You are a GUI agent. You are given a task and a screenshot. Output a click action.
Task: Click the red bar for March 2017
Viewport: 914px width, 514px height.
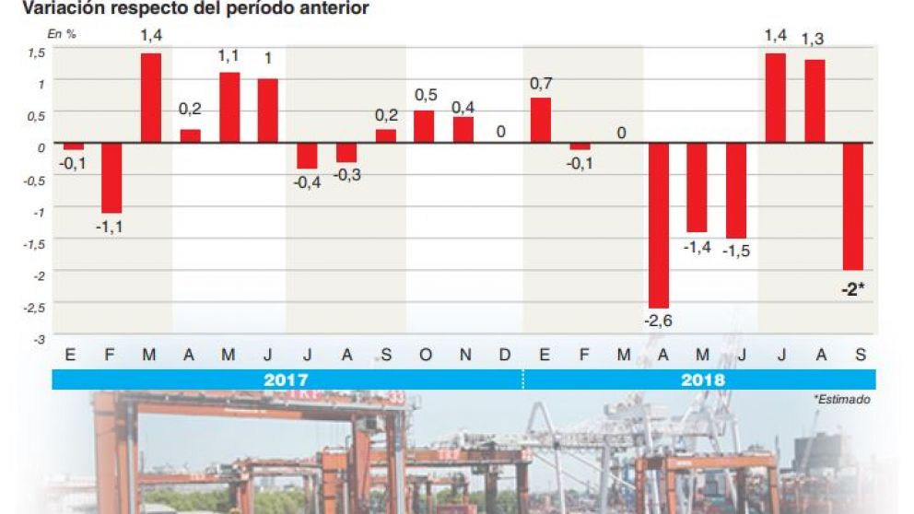150,98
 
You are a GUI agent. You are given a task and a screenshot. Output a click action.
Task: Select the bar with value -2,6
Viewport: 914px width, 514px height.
658,225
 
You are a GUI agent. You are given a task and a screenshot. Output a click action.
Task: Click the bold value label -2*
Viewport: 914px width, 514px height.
852,289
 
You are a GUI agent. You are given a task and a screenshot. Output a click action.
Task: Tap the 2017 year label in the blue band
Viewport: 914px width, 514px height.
286,380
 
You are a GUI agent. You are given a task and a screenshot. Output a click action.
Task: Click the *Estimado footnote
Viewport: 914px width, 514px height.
841,400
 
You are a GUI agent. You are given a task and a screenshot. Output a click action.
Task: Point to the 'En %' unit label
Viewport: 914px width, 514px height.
62,33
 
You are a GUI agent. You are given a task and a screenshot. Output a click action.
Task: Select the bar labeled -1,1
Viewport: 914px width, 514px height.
111,177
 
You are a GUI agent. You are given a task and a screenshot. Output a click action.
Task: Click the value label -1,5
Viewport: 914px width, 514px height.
735,251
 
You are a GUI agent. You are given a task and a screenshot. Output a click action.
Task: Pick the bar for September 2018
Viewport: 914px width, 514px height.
852,205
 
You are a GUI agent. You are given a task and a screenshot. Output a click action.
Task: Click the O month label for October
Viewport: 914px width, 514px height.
425,355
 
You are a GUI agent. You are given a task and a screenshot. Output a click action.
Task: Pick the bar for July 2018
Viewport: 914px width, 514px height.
775,98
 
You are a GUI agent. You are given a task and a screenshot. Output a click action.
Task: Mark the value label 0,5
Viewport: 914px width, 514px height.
425,96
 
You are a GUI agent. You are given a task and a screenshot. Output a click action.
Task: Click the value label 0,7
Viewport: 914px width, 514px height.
541,84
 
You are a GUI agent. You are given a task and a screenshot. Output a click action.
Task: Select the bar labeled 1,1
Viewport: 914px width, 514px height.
228,107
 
